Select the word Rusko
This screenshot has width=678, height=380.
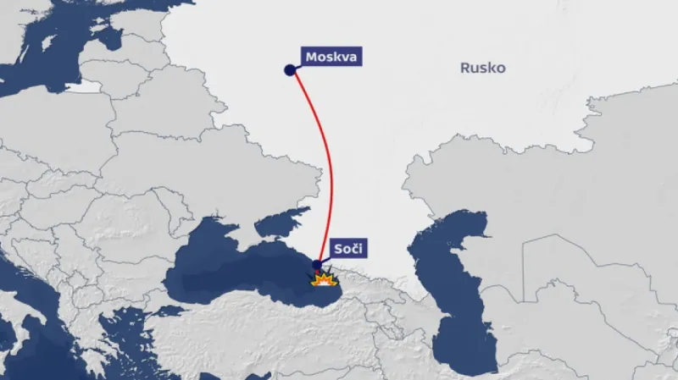coord(483,68)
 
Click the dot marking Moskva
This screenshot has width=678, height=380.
coord(291,71)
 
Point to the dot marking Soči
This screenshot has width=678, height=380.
coord(317,265)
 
